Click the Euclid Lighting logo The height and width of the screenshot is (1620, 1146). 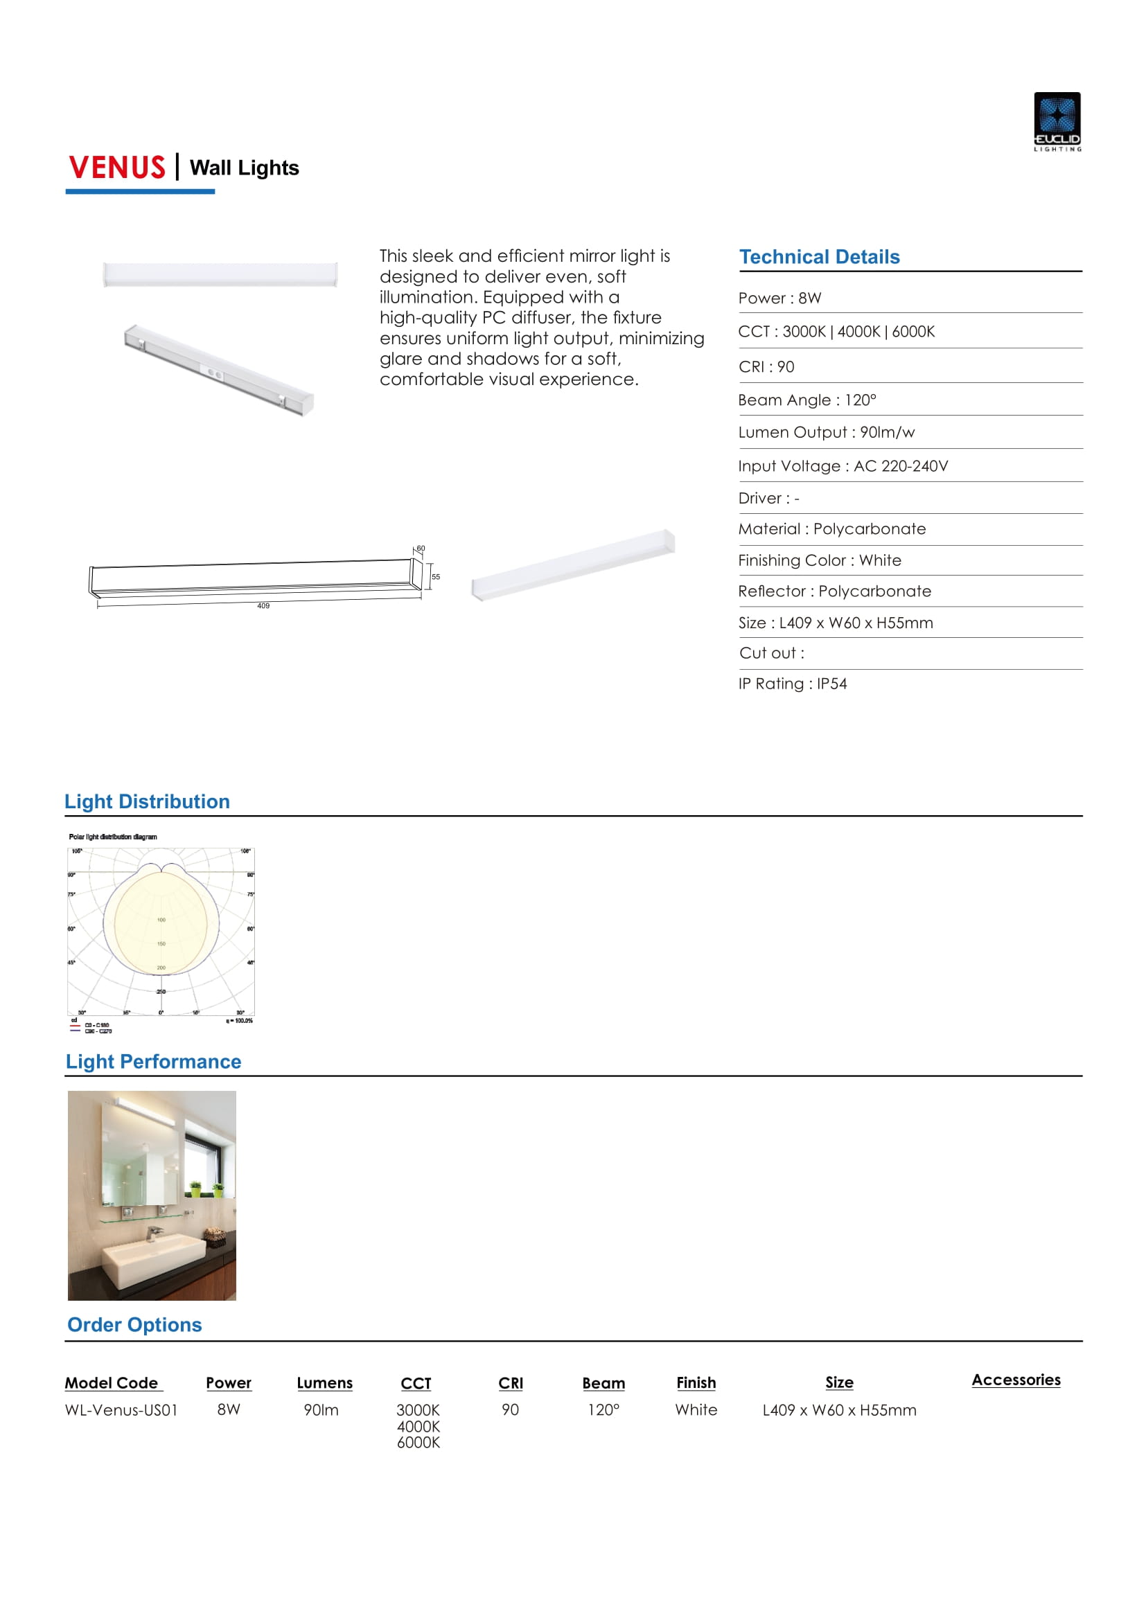click(x=1057, y=121)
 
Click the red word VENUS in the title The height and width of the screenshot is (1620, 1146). click(x=117, y=168)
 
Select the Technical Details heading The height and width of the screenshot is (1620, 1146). click(x=819, y=257)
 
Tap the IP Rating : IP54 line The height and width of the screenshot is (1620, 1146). click(x=793, y=684)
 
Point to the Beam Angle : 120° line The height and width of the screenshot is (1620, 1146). click(x=807, y=400)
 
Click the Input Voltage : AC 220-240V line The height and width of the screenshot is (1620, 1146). click(x=843, y=466)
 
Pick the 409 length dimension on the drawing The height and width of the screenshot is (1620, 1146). click(x=263, y=606)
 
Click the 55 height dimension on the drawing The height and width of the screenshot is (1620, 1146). click(x=436, y=577)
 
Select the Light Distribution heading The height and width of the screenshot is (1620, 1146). click(x=148, y=801)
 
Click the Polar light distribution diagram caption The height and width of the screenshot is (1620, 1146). click(x=113, y=837)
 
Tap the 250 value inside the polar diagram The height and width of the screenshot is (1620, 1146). click(x=161, y=991)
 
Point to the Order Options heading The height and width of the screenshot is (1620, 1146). click(x=135, y=1325)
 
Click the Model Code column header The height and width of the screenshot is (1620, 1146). click(x=112, y=1383)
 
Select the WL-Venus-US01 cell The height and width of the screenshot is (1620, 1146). click(x=121, y=1410)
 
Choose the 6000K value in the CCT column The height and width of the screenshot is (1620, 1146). click(x=418, y=1443)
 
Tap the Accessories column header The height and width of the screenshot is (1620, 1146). click(x=1016, y=1380)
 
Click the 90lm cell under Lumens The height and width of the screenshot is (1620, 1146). click(x=321, y=1410)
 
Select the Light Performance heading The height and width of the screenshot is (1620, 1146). click(x=154, y=1062)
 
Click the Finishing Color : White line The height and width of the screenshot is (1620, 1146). click(x=820, y=561)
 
